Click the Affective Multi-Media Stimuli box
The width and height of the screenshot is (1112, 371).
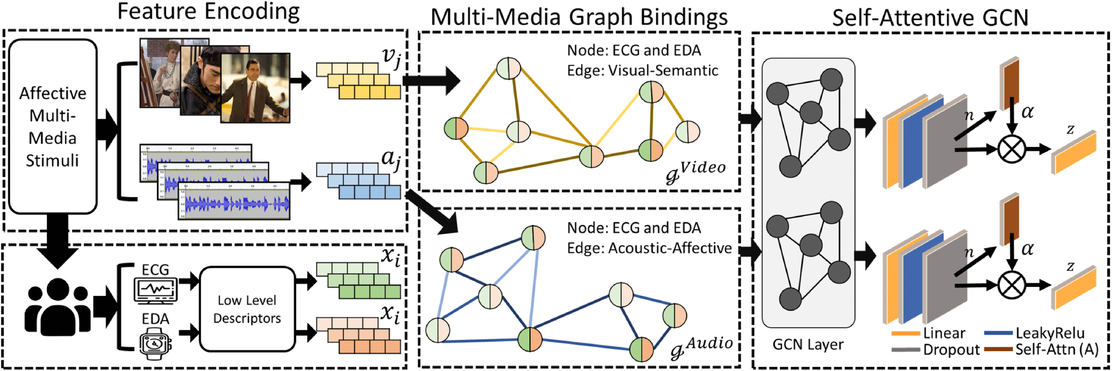[x=53, y=126]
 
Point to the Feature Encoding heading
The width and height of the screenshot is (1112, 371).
[x=208, y=12]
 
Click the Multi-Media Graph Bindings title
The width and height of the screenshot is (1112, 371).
[x=579, y=17]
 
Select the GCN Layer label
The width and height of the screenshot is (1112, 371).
[x=808, y=344]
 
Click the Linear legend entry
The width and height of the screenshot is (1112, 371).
[x=928, y=333]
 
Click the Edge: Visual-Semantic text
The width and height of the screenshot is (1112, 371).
[x=642, y=70]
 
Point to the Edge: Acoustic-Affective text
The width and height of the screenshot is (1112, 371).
[x=649, y=248]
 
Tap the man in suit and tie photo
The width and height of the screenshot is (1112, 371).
[x=256, y=88]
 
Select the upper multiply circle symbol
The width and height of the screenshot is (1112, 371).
[x=1011, y=149]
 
